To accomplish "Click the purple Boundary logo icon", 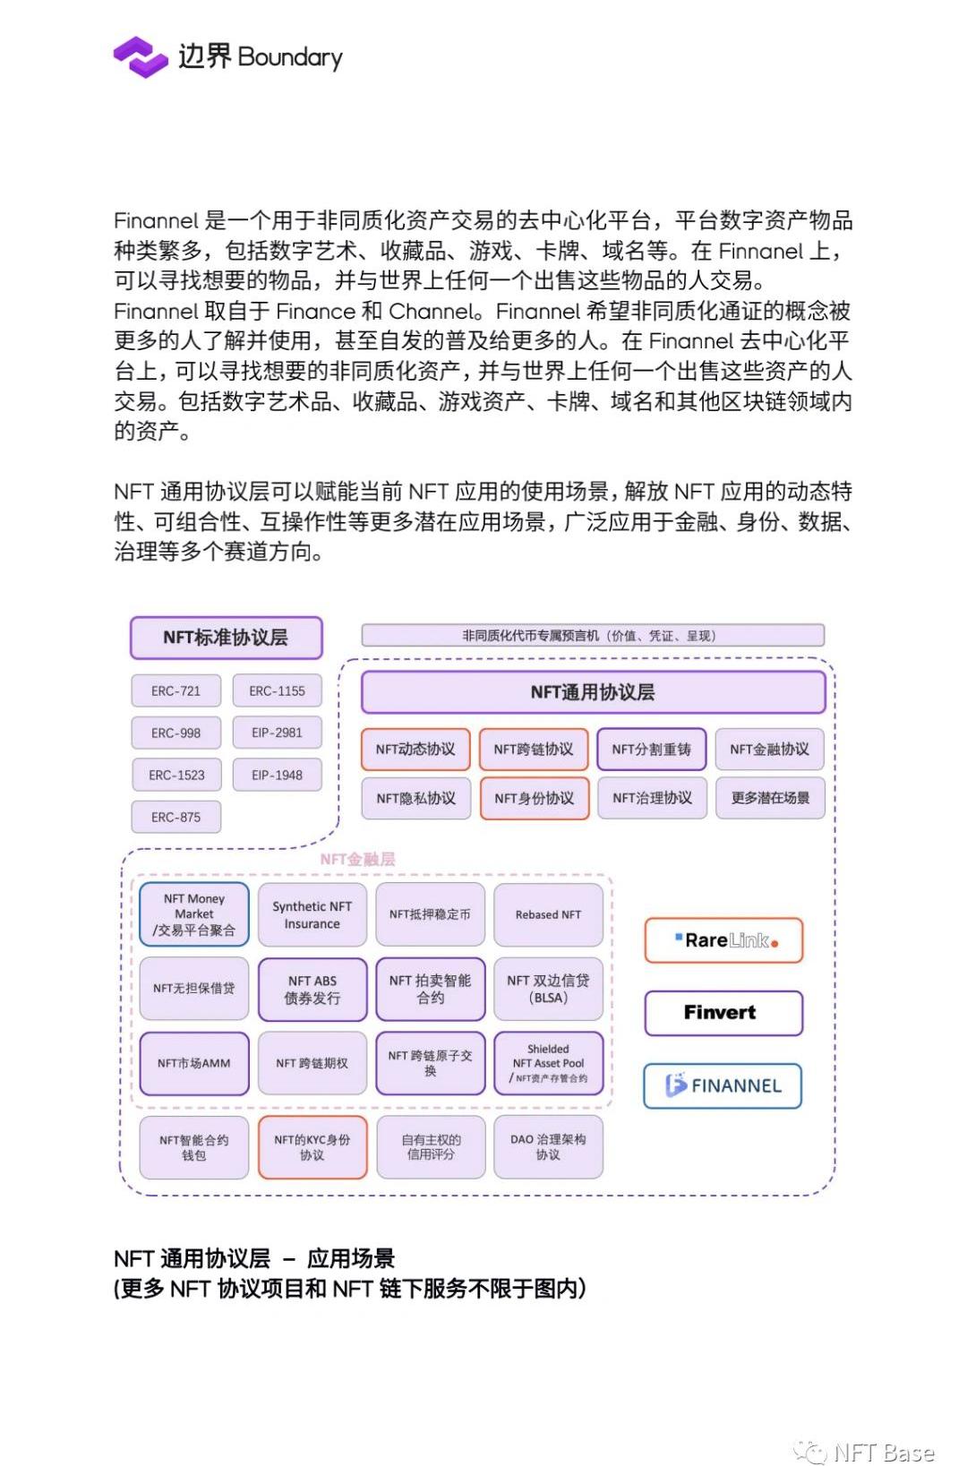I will point(141,57).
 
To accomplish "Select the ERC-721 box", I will point(175,691).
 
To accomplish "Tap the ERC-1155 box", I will point(277,691).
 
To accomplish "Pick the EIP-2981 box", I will point(277,733).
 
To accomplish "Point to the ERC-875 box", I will point(175,817).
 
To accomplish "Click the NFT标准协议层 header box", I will point(226,638).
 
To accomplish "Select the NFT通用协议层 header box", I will point(593,692).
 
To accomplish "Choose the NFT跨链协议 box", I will point(534,750).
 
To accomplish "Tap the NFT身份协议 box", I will point(534,798).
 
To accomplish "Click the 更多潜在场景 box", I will point(770,798).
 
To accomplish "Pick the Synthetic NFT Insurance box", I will point(312,914).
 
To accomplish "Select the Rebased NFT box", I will point(548,914).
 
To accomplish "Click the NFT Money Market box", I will point(194,914).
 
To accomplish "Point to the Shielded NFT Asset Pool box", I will point(548,1063).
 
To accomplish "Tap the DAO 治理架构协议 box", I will point(548,1147).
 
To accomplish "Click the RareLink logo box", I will point(723,940).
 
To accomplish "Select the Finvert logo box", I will point(723,1013).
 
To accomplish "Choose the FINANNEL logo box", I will point(723,1086).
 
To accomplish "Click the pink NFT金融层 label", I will point(357,859).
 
